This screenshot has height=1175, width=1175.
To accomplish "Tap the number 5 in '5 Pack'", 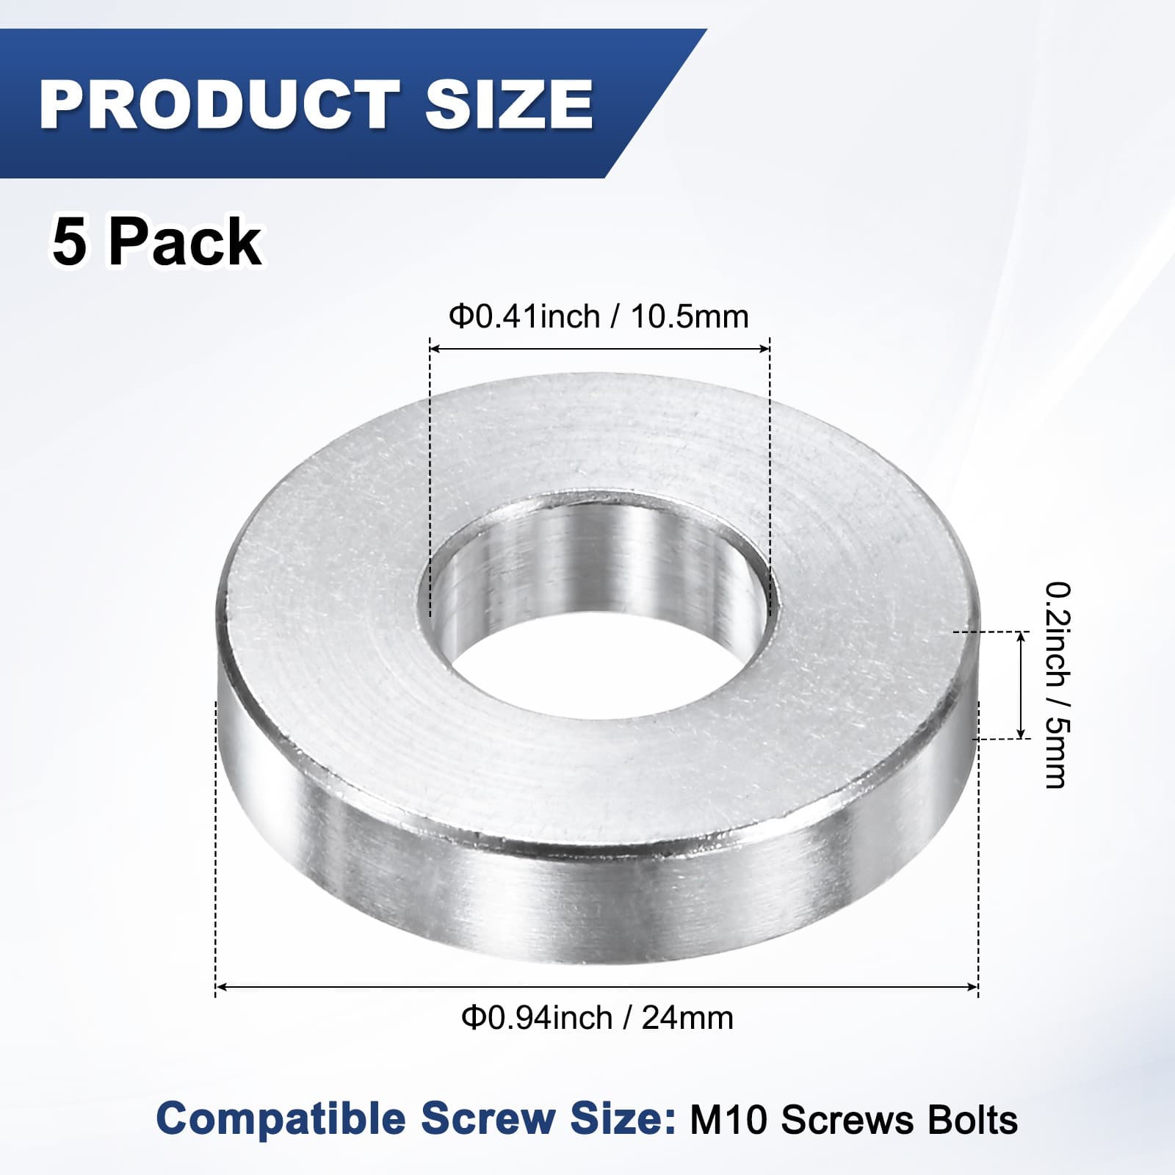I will [69, 243].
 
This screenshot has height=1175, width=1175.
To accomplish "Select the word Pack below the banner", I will [185, 243].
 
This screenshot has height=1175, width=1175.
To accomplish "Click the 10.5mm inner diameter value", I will [689, 317].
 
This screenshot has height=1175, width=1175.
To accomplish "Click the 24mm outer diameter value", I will [687, 1019].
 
